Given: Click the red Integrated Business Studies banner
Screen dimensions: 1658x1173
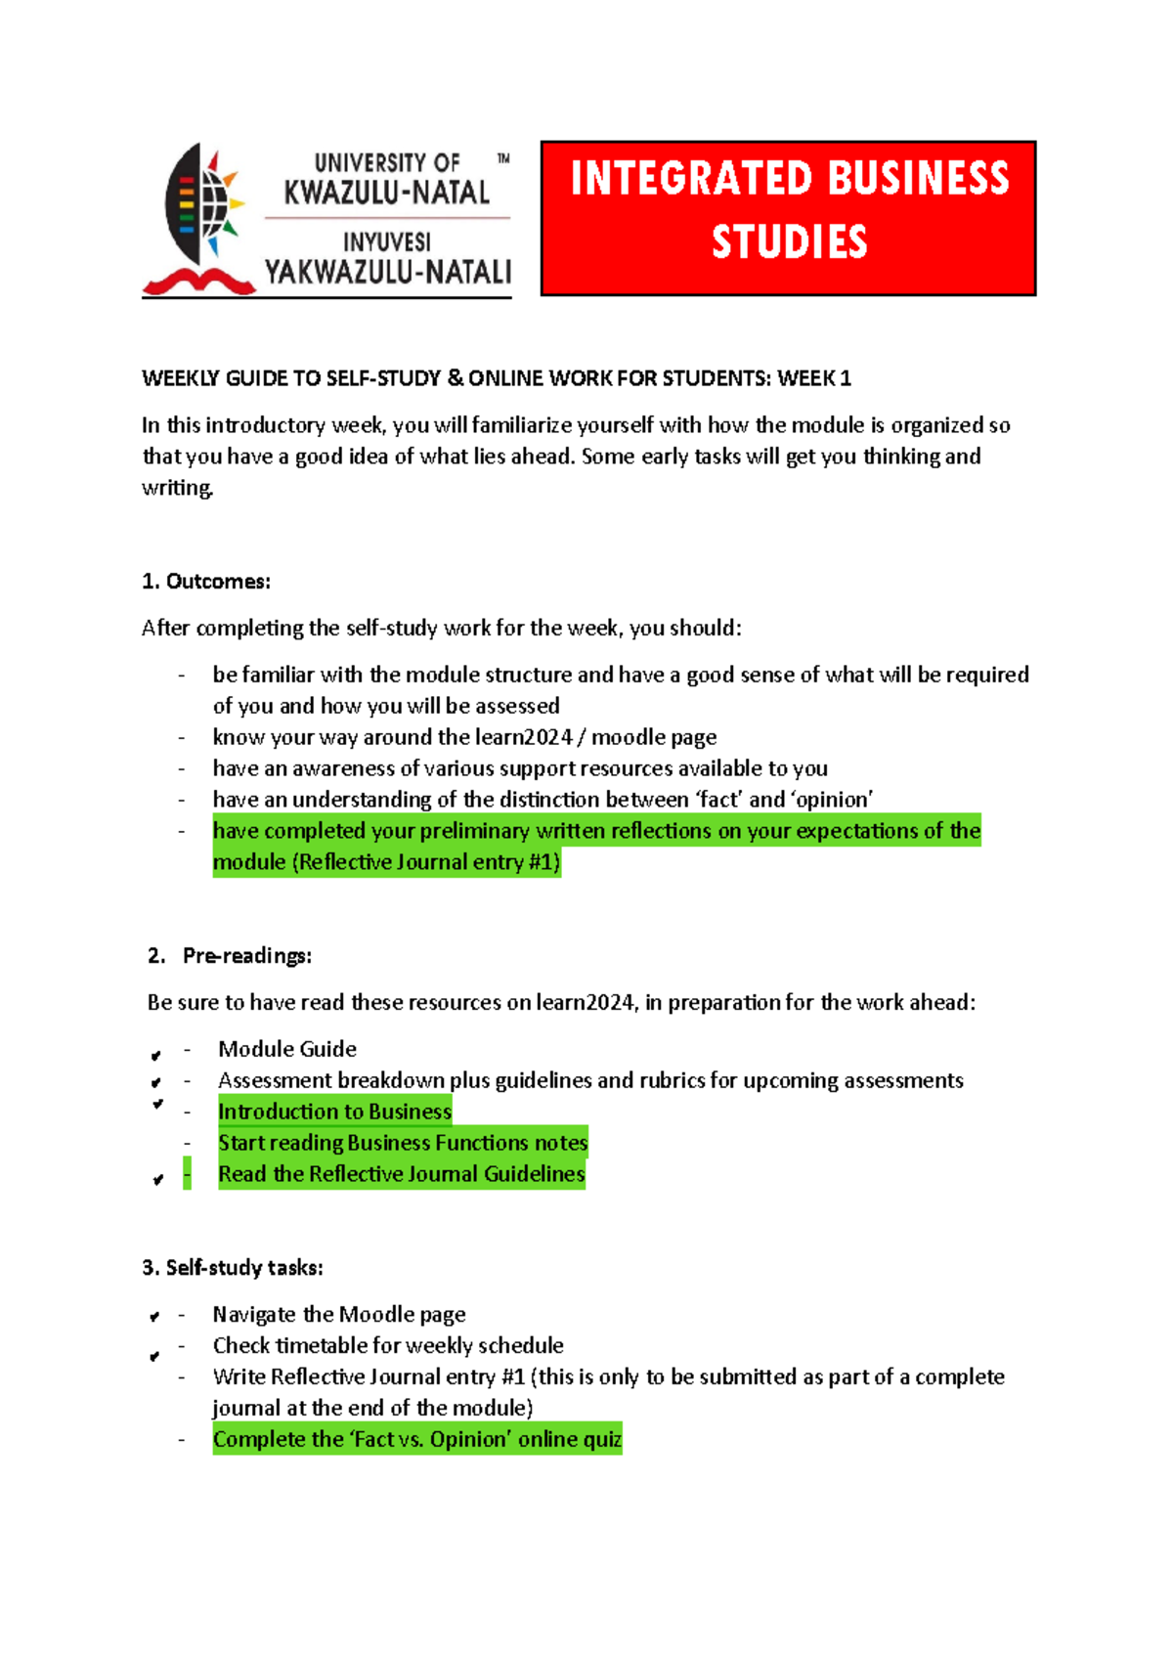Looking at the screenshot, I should click(788, 217).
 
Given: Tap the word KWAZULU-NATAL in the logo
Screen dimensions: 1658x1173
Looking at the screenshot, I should click(386, 193).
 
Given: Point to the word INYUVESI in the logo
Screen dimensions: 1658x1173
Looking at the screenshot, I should click(386, 241).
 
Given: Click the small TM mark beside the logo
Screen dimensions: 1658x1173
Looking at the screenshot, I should click(503, 157).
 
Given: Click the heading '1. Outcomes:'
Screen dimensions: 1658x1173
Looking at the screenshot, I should click(206, 582).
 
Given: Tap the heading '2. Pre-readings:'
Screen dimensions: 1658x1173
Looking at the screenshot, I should click(230, 956).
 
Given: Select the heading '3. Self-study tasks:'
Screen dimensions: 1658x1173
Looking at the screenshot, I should click(233, 1268).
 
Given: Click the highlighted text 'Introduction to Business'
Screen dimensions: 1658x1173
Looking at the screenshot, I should click(334, 1112).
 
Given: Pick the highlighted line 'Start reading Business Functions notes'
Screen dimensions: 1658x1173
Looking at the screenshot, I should click(403, 1143).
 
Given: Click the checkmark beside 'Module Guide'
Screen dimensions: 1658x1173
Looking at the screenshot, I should click(155, 1056).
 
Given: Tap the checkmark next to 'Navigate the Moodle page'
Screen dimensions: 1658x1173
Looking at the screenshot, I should click(154, 1318).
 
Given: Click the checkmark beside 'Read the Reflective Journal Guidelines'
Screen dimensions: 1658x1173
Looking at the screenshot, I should click(157, 1180).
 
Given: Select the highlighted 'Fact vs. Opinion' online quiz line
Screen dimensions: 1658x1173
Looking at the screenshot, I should click(417, 1439).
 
